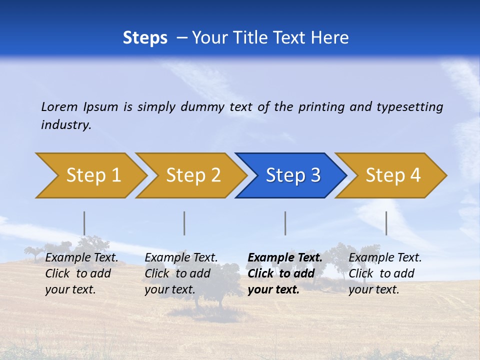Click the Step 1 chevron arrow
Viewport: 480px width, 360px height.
click(93, 175)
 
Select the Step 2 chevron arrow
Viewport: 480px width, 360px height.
click(193, 175)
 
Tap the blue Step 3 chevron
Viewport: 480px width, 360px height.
click(293, 175)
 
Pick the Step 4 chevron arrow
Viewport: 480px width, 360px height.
click(393, 175)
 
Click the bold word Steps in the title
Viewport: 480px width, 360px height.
click(145, 37)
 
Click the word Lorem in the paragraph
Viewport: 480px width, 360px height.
click(59, 106)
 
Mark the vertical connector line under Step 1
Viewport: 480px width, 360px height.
click(84, 223)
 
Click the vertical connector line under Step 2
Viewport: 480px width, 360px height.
click(184, 223)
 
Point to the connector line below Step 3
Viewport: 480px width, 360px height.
click(285, 223)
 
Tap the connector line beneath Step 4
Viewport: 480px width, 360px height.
click(386, 223)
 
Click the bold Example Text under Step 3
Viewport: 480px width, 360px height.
click(285, 258)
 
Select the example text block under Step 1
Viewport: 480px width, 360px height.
click(81, 273)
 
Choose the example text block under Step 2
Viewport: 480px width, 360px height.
click(181, 273)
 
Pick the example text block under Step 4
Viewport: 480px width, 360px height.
click(385, 273)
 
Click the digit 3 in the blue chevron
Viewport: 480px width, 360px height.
click(315, 175)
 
